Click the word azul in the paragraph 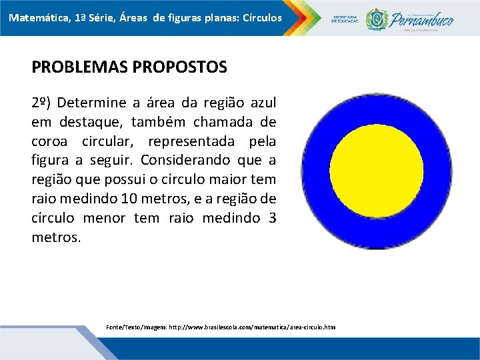click(261, 103)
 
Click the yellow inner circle click(376, 170)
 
